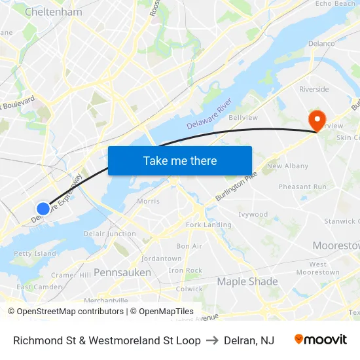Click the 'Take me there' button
tap(180, 160)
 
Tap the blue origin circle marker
tap(43, 209)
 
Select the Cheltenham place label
tap(53, 12)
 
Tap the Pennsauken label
tap(122, 272)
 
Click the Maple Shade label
tap(247, 281)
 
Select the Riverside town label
tap(314, 89)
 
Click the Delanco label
tap(321, 44)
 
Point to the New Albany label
tap(287, 166)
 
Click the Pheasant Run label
tap(302, 187)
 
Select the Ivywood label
tap(253, 214)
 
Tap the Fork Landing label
tap(209, 225)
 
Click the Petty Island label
tap(35, 253)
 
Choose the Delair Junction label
tap(110, 234)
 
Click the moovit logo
tap(321, 340)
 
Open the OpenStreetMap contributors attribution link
tap(65, 312)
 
